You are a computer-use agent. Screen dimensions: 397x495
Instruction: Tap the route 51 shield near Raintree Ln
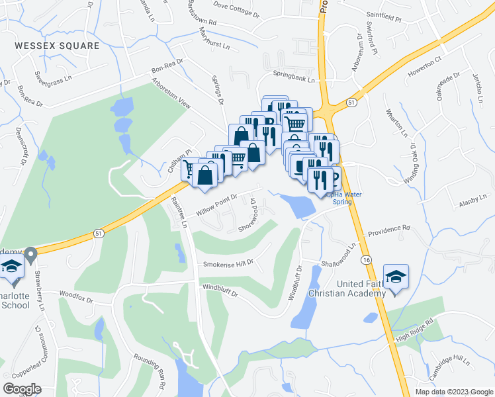pos(99,233)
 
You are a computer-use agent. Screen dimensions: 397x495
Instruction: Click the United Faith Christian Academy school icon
pos(396,277)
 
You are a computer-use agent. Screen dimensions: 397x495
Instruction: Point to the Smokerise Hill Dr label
pos(229,264)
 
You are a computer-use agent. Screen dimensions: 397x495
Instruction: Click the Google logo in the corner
pos(22,388)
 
